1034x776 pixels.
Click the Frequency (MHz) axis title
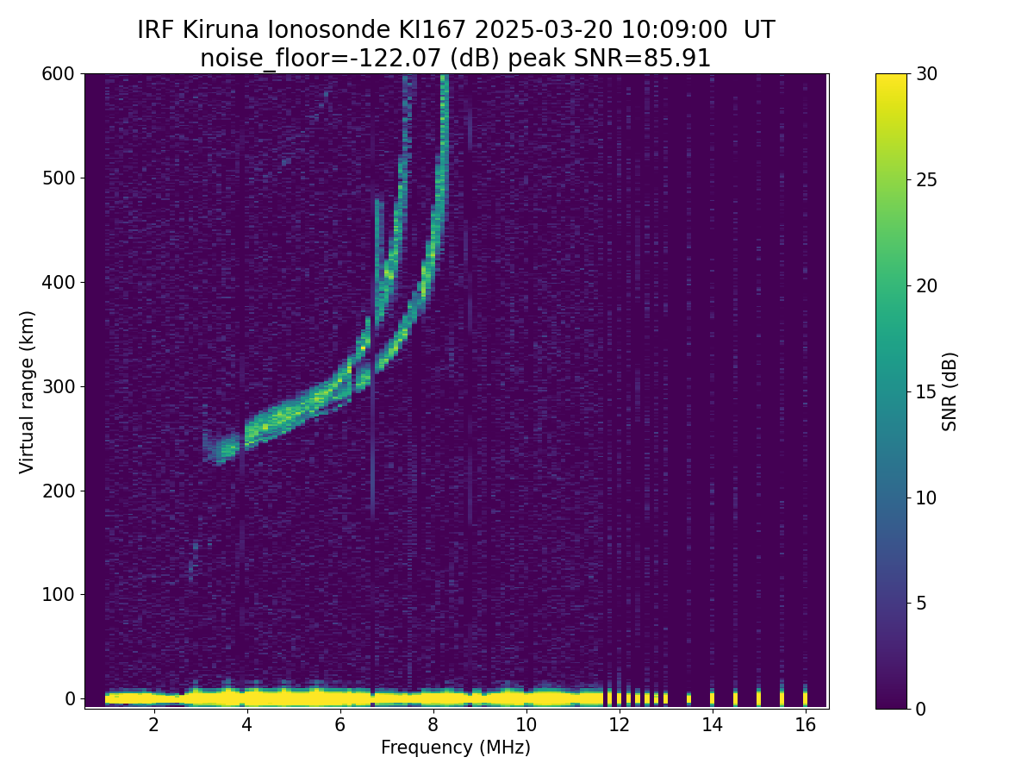click(x=456, y=748)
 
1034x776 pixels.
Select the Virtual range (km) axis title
click(x=28, y=391)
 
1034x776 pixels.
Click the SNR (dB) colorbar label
click(x=950, y=391)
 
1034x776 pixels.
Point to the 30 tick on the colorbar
click(x=929, y=74)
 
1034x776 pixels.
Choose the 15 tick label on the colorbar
click(x=929, y=391)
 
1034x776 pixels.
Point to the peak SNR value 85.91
click(x=681, y=59)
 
